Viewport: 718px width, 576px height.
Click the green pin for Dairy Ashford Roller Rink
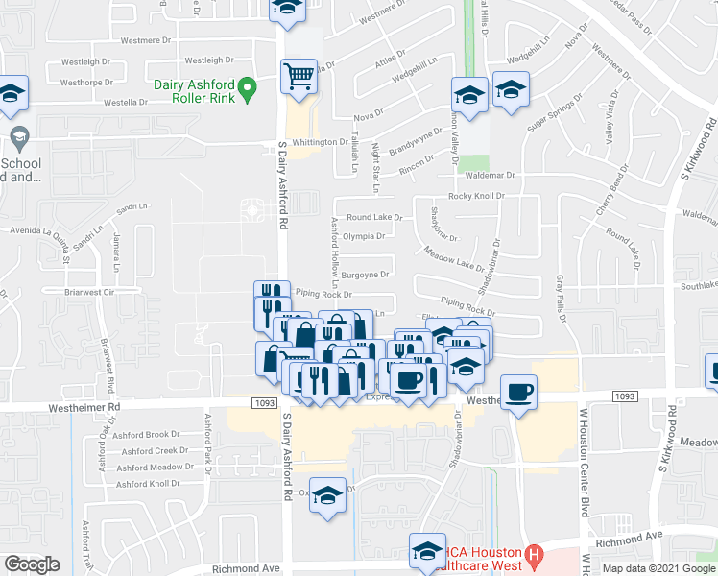pos(247,90)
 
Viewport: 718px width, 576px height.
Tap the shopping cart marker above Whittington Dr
pos(299,76)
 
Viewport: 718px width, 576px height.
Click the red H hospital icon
pos(535,554)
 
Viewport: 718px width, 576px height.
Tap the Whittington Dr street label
pos(316,142)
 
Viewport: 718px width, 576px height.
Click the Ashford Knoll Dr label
pos(142,484)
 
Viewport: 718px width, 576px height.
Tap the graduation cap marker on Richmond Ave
pos(427,551)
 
